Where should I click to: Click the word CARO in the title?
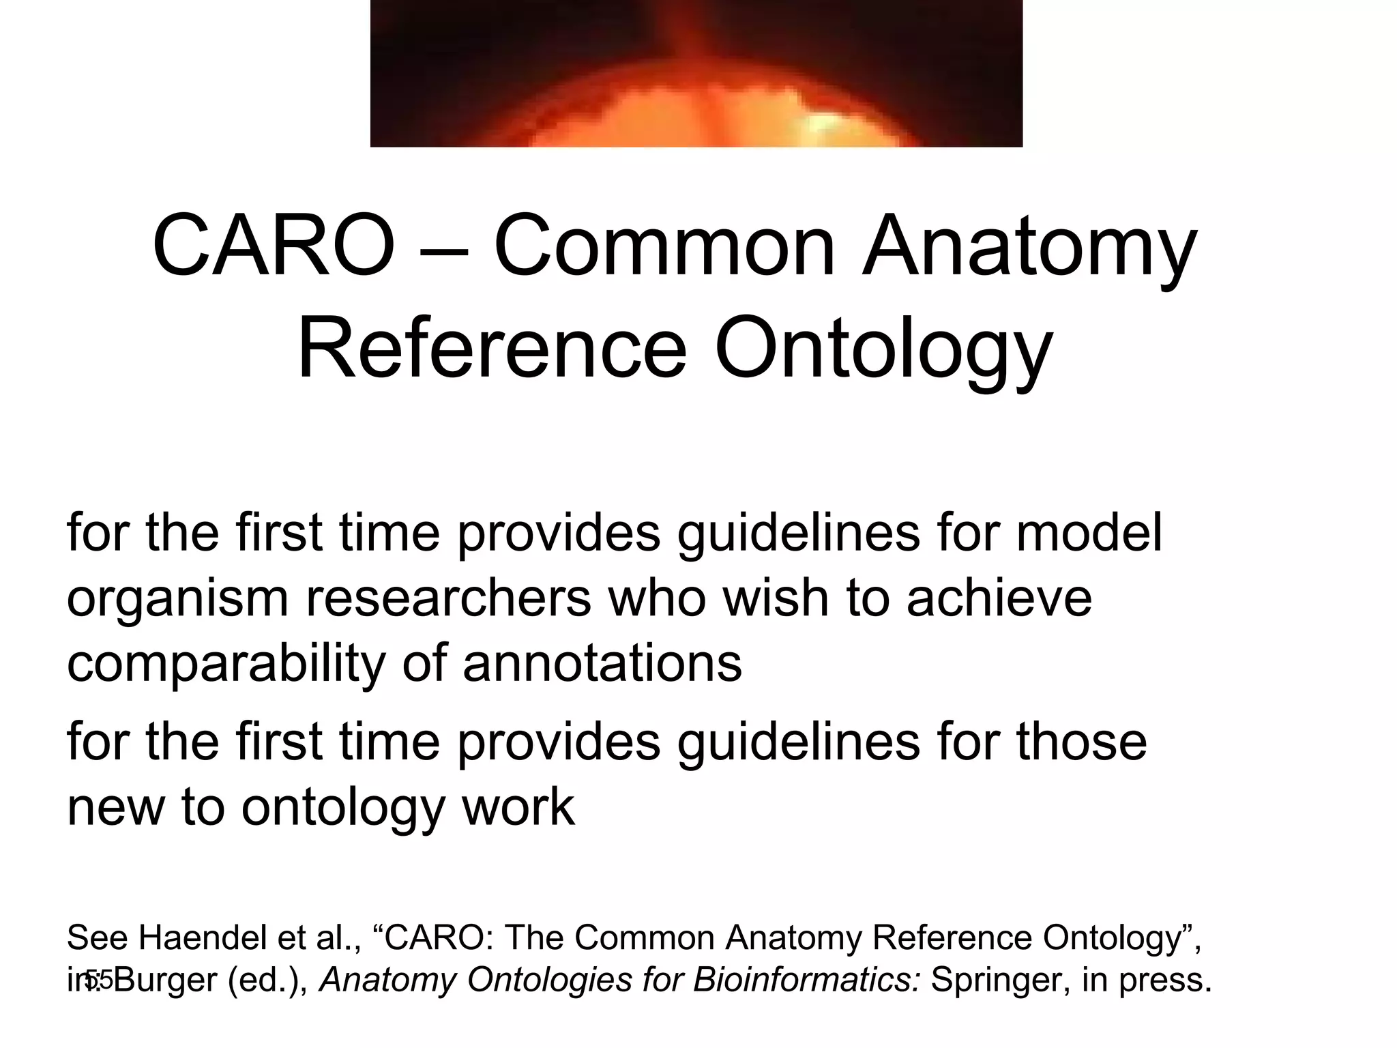(x=273, y=246)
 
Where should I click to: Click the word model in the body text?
(x=1089, y=533)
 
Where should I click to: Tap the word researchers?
(x=447, y=598)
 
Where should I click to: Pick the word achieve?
(x=999, y=598)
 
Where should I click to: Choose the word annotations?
(x=602, y=664)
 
